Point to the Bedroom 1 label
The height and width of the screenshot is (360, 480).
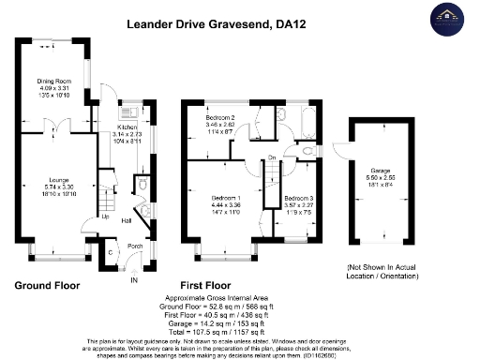[226, 199]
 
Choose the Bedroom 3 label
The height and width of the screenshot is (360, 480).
[298, 199]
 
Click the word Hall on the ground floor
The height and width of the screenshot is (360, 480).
[126, 221]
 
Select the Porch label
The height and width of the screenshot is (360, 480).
[134, 247]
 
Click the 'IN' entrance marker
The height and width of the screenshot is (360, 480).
[133, 279]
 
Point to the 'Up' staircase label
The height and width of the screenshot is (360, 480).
[91, 217]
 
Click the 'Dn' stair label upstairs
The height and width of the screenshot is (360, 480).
[272, 157]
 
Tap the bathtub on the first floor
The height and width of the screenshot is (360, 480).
[307, 120]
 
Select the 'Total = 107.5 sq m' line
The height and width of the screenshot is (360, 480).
[238, 330]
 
